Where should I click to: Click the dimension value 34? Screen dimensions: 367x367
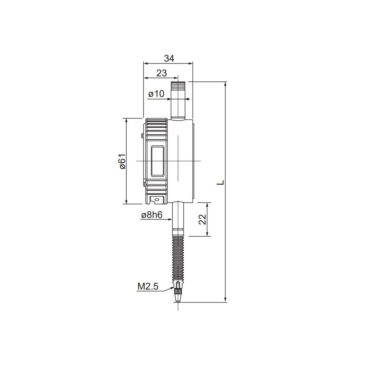coord(169,58)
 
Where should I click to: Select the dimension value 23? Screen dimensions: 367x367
coord(161,73)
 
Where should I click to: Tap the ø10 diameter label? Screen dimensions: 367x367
coord(156,94)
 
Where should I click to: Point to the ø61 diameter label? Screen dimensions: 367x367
coord(123,161)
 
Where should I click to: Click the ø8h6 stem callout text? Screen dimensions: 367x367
coord(152,215)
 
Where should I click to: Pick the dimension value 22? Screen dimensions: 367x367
coord(203,219)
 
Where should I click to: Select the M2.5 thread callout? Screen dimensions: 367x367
coord(148,286)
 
